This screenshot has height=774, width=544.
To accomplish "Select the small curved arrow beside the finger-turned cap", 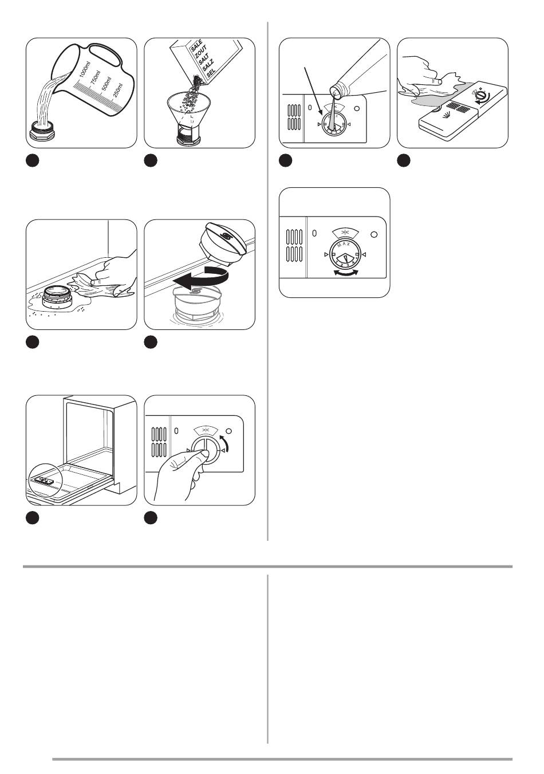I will (x=230, y=442).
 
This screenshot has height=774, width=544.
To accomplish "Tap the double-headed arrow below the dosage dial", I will (x=345, y=272).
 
